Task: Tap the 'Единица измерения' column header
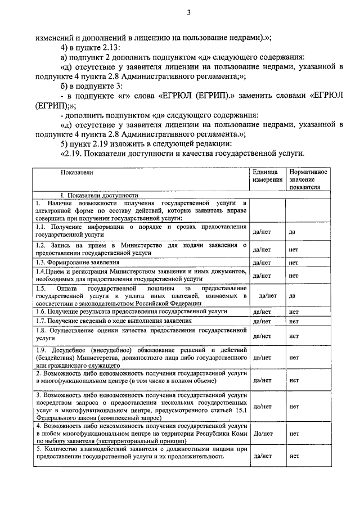click(x=266, y=175)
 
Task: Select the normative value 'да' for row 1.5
click(x=292, y=295)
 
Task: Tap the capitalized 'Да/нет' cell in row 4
click(x=263, y=434)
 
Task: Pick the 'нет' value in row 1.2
click(x=293, y=250)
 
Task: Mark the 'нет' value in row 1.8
click(x=293, y=336)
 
